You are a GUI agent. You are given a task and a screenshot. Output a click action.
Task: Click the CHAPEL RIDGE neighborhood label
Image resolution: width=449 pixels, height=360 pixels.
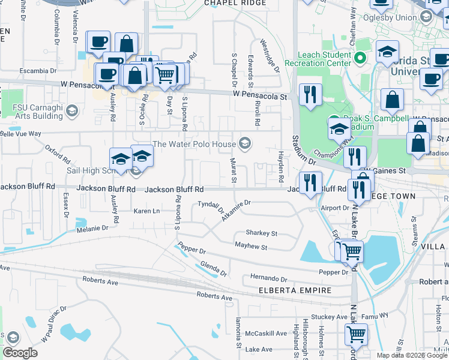click(235, 3)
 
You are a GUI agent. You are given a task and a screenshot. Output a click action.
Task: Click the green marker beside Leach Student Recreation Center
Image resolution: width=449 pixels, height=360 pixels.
click(360, 58)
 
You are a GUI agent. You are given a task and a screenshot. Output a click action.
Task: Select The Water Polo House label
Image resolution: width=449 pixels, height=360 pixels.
click(194, 143)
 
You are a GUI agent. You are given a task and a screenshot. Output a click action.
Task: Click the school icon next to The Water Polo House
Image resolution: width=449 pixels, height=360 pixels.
click(244, 143)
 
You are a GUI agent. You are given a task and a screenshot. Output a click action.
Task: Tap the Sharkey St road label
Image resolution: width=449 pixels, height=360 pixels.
click(262, 233)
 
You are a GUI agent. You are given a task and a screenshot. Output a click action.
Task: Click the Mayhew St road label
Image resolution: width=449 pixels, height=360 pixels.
click(251, 247)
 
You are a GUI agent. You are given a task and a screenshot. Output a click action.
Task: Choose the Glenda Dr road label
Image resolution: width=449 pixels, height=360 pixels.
click(213, 269)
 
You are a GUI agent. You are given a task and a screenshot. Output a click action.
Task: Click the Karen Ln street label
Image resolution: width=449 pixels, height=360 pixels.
click(146, 211)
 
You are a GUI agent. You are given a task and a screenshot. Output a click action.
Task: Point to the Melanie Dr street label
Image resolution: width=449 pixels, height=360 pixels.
click(92, 229)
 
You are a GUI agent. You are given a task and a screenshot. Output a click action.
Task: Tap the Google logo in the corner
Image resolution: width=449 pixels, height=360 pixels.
click(20, 353)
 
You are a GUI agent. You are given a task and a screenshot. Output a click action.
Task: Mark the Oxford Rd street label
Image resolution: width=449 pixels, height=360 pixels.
click(57, 154)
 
